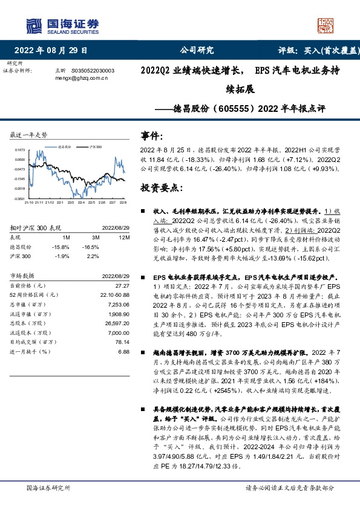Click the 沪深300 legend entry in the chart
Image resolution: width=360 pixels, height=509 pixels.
(x=96, y=146)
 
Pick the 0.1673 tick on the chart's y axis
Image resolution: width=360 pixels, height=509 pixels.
(x=21, y=149)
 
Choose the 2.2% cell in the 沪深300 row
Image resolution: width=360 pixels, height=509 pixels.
(x=93, y=256)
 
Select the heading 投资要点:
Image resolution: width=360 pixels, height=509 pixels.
(x=162, y=187)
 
